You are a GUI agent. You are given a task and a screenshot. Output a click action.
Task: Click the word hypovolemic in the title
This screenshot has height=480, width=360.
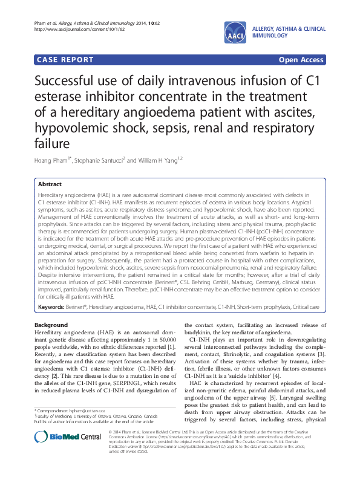71,128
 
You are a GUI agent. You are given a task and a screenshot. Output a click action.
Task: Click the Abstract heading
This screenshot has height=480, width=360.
50,183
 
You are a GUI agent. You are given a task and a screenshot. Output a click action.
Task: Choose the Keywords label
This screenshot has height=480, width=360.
51,307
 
